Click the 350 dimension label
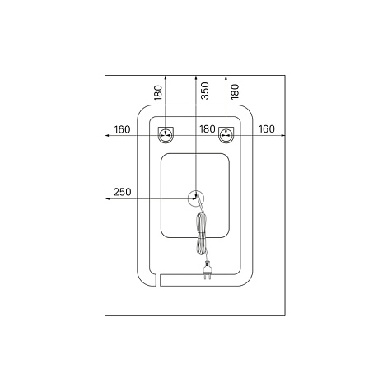[x=205, y=91]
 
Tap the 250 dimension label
[x=123, y=192]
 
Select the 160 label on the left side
[x=122, y=129]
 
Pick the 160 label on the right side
[x=267, y=128]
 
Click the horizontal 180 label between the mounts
[x=208, y=128]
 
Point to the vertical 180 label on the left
[x=158, y=92]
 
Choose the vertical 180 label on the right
[x=236, y=91]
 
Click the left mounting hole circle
[x=166, y=135]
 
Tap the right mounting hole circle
[x=226, y=135]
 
